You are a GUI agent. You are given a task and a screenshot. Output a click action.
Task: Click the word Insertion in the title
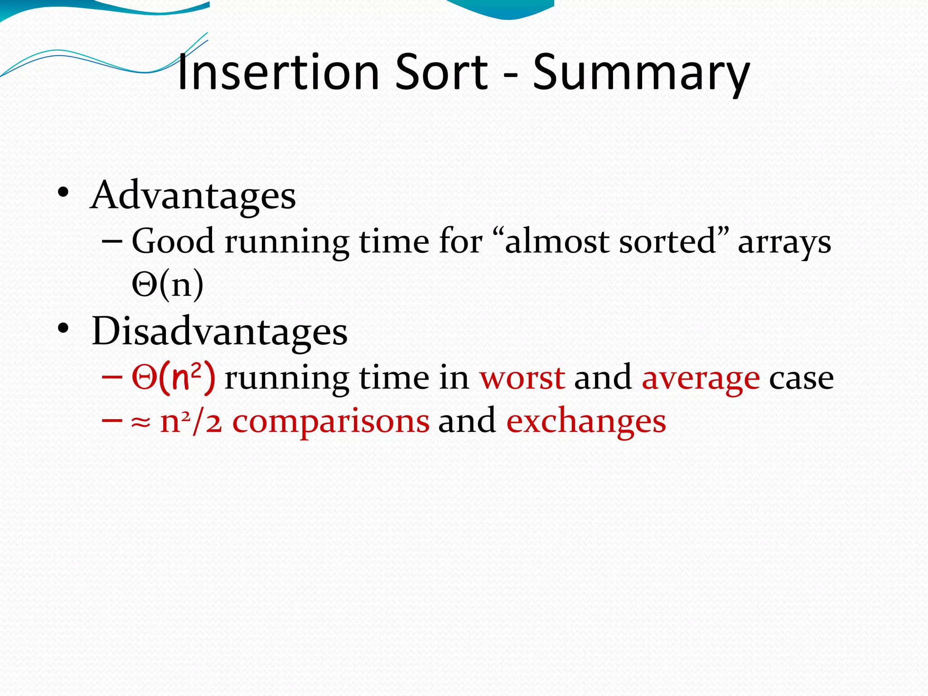278,72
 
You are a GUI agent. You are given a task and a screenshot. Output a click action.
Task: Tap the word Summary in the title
641,72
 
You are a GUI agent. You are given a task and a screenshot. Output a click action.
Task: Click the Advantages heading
193,195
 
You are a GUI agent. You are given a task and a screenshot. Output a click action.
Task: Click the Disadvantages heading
219,331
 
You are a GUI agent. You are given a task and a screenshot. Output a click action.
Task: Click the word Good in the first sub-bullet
173,241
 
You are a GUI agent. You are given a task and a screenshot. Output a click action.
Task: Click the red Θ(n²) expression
173,377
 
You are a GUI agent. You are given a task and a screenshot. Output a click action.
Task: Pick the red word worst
522,377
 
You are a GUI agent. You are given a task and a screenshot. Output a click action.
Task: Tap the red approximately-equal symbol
141,422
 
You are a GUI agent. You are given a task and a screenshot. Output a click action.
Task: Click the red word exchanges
586,421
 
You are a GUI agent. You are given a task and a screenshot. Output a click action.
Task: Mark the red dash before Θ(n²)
112,377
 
